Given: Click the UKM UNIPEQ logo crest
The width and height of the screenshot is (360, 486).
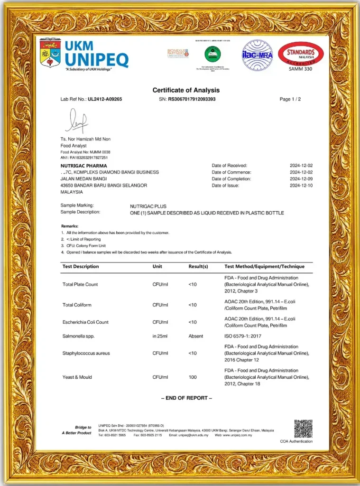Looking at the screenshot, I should coord(50,53).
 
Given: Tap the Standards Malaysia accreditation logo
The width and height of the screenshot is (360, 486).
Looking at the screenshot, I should coord(301,54).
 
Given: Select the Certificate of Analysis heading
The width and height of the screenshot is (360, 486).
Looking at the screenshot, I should coord(186,90).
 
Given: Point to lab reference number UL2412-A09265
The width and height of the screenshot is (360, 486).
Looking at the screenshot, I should coord(105,99).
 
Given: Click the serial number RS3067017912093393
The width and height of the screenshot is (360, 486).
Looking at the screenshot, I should coord(192,99).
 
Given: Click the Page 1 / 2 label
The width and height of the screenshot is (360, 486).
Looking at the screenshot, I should coord(290,99).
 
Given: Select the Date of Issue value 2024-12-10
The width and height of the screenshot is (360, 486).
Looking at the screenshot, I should coord(301,186).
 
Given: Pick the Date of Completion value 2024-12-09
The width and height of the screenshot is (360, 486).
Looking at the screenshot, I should coord(301,179).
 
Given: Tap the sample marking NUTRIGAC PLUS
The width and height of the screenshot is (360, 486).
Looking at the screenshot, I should coord(148,206).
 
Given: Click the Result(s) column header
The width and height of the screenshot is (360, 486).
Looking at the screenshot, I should coord(198,267).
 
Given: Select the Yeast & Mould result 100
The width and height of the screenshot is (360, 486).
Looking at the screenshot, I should coord(193,377).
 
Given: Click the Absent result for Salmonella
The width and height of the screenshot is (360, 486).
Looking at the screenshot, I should coord(195,336).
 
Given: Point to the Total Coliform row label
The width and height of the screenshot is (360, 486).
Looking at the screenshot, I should coord(77,304).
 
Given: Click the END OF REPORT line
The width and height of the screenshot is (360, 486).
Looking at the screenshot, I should coord(186,398).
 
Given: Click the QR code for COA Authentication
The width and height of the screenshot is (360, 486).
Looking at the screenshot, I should coord(303,429).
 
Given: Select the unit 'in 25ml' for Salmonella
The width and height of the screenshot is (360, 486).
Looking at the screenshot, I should coord(161,336).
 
